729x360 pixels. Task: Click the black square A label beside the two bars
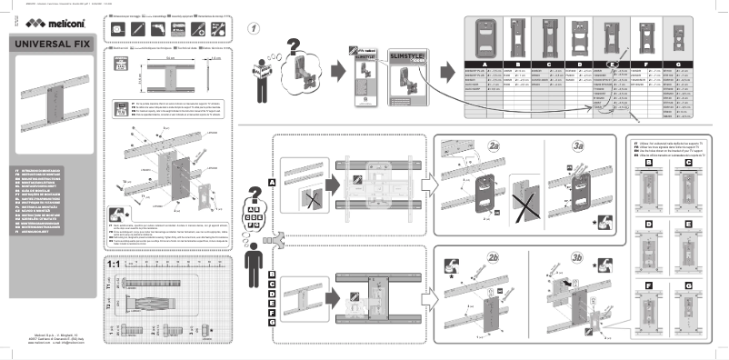click(x=272, y=182)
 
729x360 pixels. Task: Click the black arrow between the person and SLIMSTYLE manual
click(x=339, y=69)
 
